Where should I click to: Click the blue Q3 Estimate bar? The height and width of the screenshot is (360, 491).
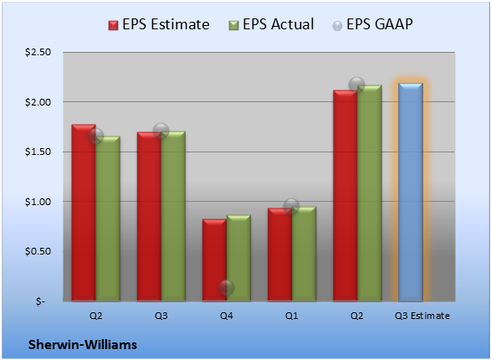(x=411, y=192)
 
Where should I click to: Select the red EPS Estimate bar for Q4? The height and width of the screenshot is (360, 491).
(x=214, y=260)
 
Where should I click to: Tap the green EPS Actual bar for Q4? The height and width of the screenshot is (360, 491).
(x=238, y=258)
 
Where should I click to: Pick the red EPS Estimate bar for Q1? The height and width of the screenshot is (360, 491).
(x=280, y=255)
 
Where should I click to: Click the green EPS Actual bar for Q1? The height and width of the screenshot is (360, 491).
(x=304, y=254)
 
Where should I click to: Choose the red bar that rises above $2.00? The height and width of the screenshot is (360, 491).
(x=345, y=196)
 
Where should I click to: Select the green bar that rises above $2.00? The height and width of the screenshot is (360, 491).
(x=370, y=193)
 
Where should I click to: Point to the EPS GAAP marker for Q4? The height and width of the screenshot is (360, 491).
(x=226, y=287)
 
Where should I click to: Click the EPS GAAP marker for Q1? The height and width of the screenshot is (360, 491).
(x=292, y=206)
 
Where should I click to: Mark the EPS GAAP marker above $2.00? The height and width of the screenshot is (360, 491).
(x=356, y=85)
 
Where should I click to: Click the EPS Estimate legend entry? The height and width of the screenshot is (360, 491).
(x=159, y=24)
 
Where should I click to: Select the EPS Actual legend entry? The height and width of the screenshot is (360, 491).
(x=271, y=24)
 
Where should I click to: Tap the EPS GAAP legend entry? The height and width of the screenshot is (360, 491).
(x=372, y=24)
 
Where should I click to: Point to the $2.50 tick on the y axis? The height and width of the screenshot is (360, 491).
(x=38, y=52)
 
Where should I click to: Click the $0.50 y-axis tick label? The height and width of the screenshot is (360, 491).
(x=38, y=251)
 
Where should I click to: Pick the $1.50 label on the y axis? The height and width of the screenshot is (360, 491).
(x=38, y=152)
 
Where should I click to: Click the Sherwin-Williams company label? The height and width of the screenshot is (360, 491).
(x=83, y=345)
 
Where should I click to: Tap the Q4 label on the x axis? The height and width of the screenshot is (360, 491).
(x=227, y=316)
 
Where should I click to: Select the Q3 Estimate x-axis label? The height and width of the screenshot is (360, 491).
(x=422, y=316)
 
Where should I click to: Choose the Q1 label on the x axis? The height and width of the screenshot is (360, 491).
(x=292, y=316)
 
